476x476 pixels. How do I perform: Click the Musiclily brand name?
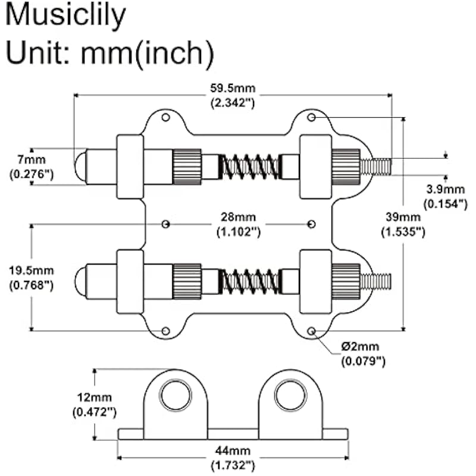(x=65, y=16)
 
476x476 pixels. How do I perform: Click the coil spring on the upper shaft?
(x=249, y=167)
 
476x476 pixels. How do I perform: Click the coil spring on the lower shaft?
(x=249, y=281)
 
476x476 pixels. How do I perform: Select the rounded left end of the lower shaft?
(x=80, y=281)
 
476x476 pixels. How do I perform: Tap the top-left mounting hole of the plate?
(x=166, y=118)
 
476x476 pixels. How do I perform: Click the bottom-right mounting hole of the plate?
(x=311, y=330)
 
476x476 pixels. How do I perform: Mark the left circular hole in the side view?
(x=176, y=396)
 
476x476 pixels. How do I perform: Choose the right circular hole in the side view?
(x=290, y=396)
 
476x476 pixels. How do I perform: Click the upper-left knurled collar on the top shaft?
(x=187, y=167)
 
